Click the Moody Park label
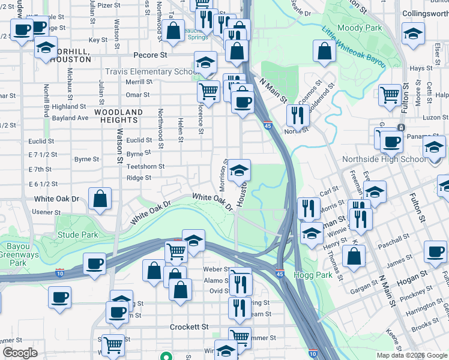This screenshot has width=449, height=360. (x=360, y=28)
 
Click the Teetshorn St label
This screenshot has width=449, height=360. (x=145, y=166)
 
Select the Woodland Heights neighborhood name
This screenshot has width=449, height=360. (x=119, y=116)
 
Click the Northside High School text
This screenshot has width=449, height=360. (x=384, y=159)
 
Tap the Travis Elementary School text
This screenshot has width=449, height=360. (x=152, y=71)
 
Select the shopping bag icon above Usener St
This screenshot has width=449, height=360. (x=100, y=198)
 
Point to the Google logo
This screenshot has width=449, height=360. (x=20, y=353)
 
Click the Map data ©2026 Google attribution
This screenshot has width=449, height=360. (x=411, y=355)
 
